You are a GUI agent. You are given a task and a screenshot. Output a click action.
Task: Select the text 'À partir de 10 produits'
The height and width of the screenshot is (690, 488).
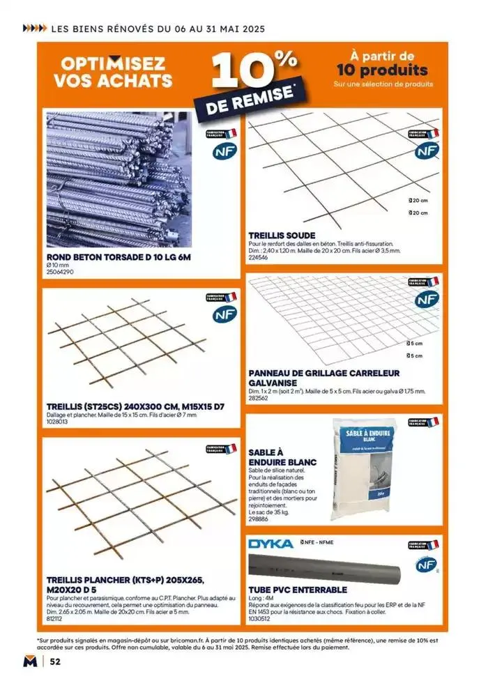(381, 63)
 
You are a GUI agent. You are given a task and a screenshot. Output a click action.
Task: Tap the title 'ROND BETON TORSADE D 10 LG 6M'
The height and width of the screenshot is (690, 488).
(119, 257)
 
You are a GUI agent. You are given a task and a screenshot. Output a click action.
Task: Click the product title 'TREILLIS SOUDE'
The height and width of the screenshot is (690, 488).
(282, 235)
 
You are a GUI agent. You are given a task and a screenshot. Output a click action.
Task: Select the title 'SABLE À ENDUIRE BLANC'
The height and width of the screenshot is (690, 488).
(282, 457)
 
